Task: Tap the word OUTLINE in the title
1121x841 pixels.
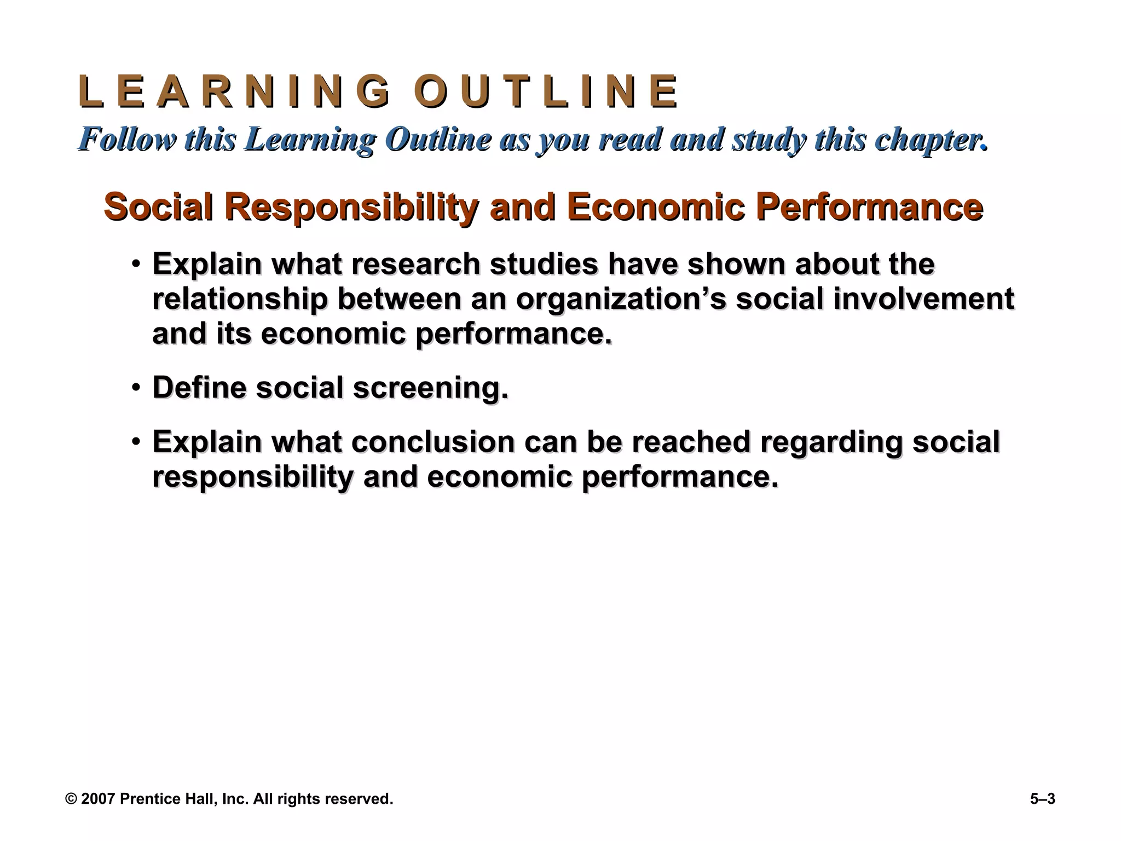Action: (x=546, y=91)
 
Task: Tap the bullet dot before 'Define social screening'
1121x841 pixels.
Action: (x=136, y=388)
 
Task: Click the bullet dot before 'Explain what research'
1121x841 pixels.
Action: (x=136, y=265)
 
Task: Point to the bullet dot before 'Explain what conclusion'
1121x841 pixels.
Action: (x=136, y=442)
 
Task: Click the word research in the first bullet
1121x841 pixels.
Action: (x=415, y=264)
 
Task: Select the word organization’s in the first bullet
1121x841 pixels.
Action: (x=620, y=299)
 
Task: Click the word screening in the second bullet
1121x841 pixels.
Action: (x=430, y=388)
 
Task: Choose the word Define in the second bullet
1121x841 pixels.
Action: (x=200, y=388)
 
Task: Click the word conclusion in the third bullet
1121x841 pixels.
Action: (x=433, y=441)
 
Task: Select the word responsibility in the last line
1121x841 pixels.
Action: (x=253, y=476)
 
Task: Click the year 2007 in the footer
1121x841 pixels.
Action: (x=98, y=799)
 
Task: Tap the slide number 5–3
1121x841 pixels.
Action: (x=1042, y=799)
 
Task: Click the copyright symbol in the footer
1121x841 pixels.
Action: (x=71, y=799)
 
